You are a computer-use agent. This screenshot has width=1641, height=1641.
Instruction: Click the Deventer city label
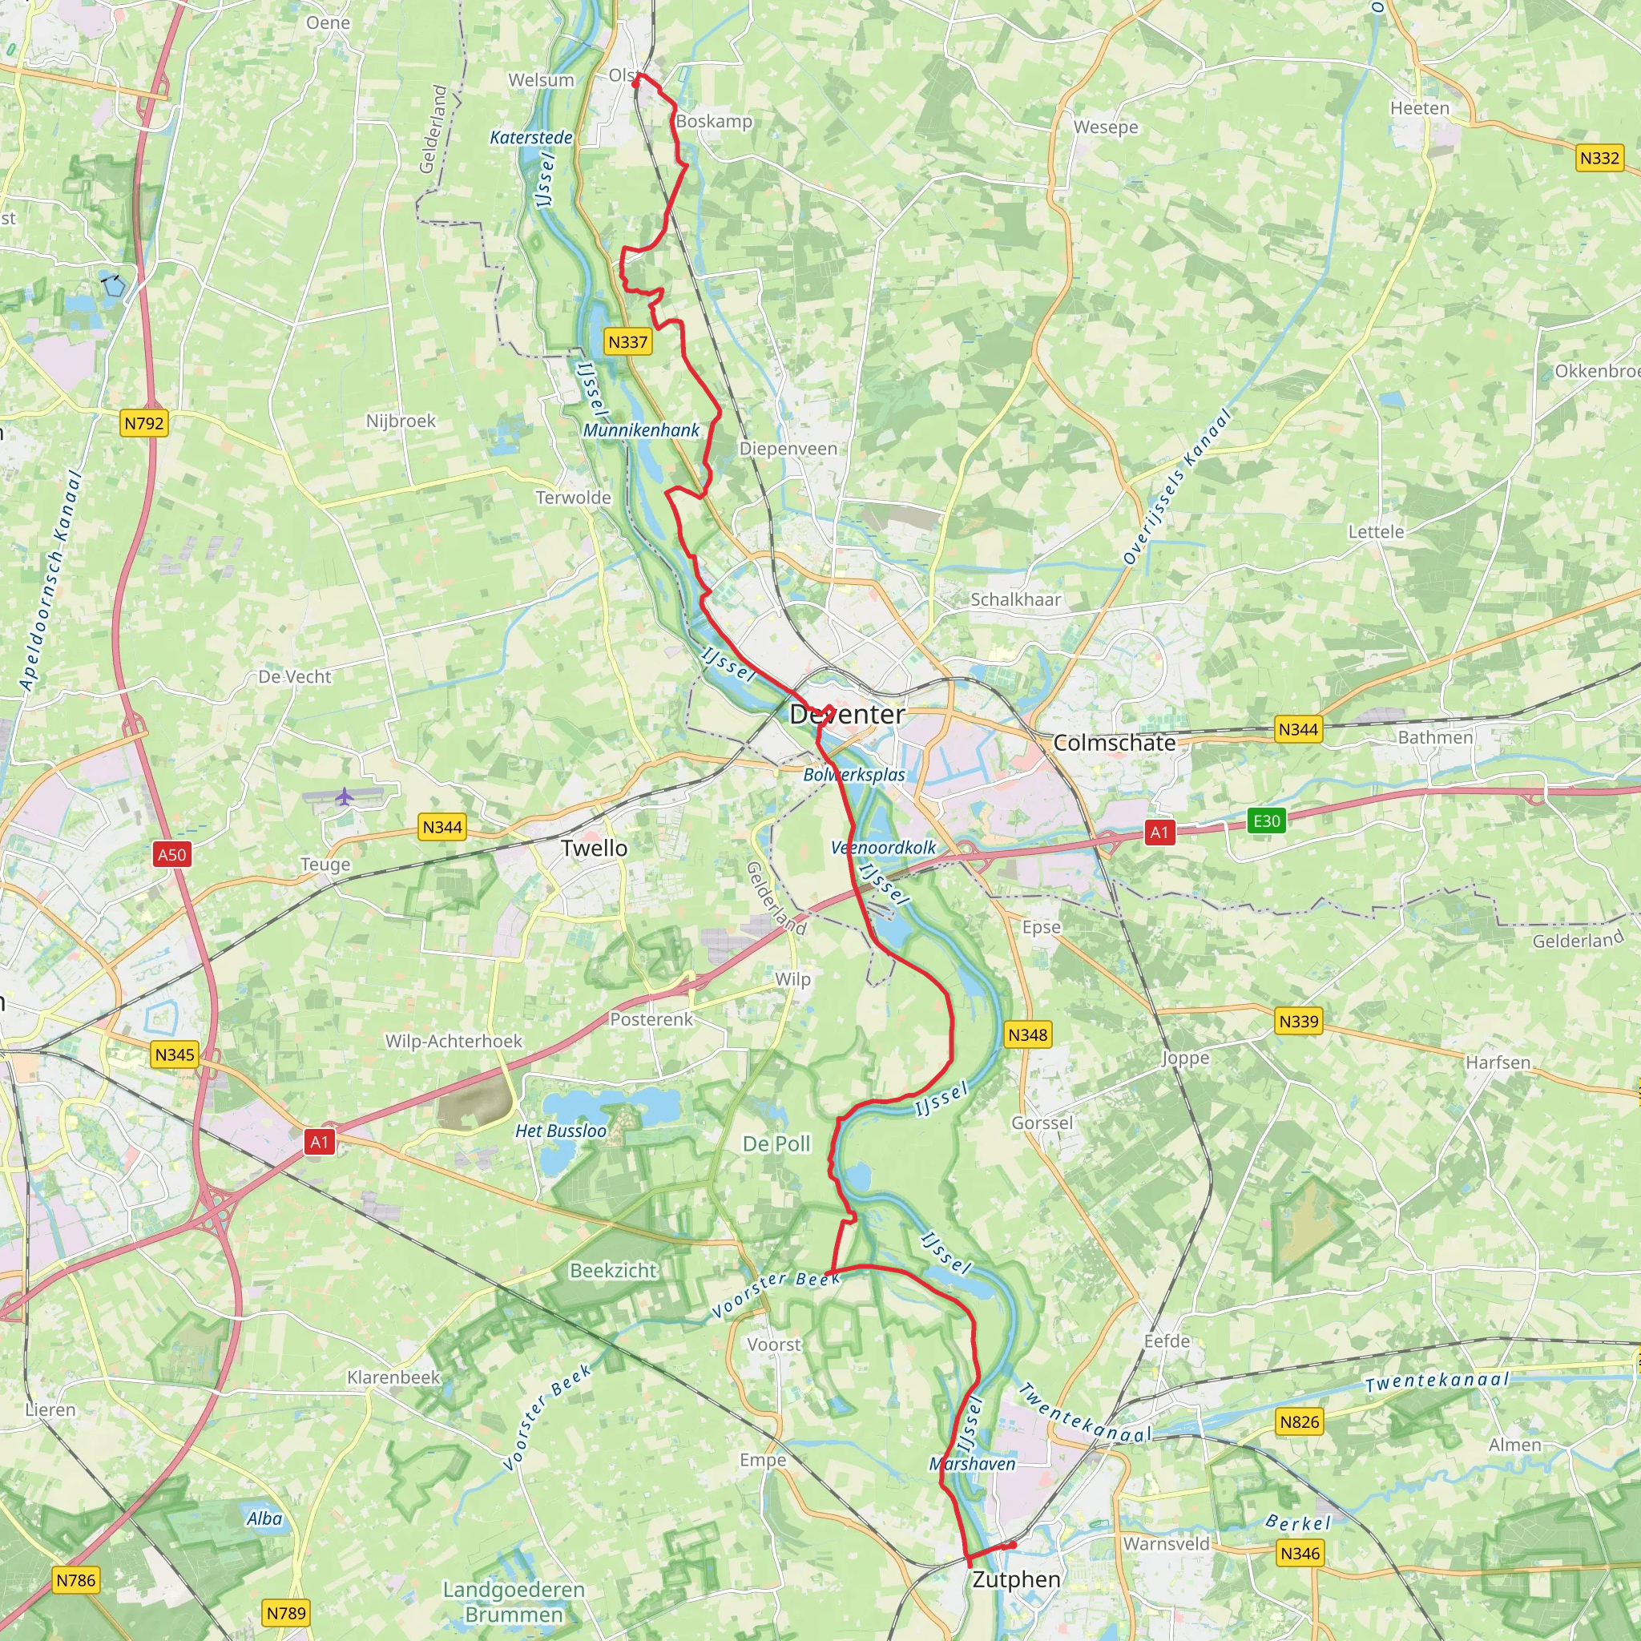847,714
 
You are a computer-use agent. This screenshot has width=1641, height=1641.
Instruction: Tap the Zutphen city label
1016,1580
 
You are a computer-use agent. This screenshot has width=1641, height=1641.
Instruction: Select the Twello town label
594,848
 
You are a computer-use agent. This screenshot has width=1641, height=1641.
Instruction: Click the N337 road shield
627,342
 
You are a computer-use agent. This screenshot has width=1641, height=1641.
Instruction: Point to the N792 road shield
143,423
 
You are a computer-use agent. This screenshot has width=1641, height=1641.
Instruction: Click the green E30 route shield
1267,820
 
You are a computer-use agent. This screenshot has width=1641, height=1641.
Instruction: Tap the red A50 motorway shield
171,854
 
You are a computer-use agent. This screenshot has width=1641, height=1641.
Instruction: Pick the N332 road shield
1599,158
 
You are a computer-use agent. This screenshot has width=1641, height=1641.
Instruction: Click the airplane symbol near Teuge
344,796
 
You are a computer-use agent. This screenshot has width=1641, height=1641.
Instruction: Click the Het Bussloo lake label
561,1131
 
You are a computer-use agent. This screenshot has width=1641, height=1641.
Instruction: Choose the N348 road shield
1028,1034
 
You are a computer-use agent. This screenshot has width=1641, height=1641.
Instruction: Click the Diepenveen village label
788,449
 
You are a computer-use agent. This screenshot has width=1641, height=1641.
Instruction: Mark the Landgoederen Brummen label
514,1602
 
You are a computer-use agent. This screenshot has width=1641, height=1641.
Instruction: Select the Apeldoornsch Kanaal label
51,581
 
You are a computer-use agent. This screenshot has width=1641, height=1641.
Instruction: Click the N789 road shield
286,1613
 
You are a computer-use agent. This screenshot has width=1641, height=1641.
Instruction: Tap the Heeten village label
1419,108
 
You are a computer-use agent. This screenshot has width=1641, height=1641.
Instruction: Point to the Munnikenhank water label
641,430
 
